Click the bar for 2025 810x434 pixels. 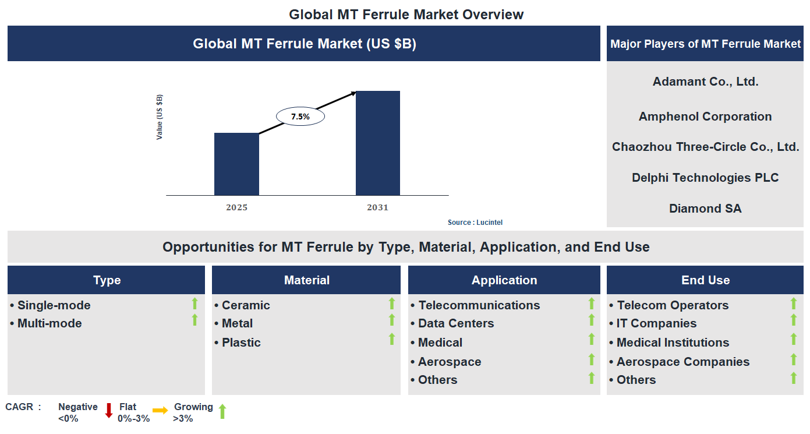(x=236, y=164)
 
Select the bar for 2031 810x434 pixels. (x=378, y=143)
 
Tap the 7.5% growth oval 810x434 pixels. (x=300, y=117)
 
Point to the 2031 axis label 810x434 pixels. (x=377, y=208)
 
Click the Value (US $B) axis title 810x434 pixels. (x=160, y=117)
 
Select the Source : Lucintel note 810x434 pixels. (x=475, y=223)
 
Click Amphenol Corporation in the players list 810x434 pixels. (x=705, y=117)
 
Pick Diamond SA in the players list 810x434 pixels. (x=705, y=209)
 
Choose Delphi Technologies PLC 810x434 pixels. (x=705, y=178)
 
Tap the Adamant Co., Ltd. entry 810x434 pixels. (x=705, y=82)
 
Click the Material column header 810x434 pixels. (x=306, y=280)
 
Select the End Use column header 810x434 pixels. (x=705, y=280)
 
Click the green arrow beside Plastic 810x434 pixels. (x=392, y=339)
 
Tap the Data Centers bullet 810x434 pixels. (x=456, y=323)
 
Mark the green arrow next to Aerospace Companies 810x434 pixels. (x=793, y=359)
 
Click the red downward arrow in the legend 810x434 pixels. (x=108, y=410)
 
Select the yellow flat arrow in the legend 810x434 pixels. (x=160, y=410)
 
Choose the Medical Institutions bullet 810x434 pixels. (x=673, y=343)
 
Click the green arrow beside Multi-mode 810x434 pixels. (x=194, y=320)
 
